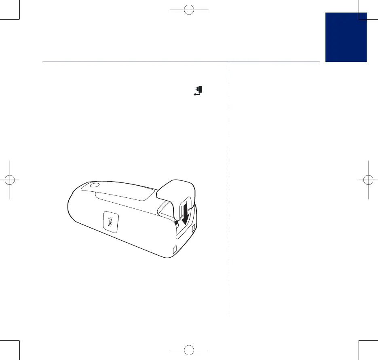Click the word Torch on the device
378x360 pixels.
(x=110, y=222)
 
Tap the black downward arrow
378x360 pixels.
(x=186, y=214)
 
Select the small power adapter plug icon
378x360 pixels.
(x=199, y=91)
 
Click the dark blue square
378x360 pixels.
(x=346, y=37)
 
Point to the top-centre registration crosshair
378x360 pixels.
(x=189, y=10)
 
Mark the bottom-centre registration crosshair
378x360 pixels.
(x=189, y=350)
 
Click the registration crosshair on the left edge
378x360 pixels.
(x=10, y=180)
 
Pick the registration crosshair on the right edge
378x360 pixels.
(x=368, y=180)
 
